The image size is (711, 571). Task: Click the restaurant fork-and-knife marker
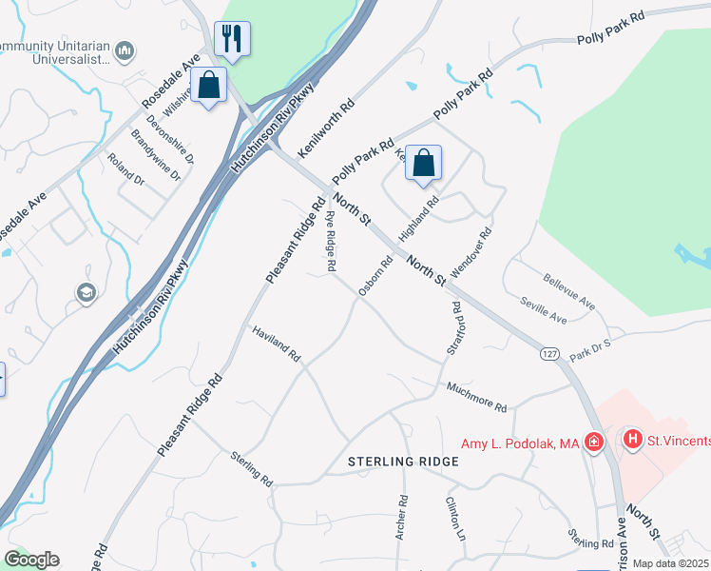point(232,39)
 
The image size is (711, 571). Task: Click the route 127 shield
point(549,353)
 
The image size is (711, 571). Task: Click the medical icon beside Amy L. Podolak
point(594,442)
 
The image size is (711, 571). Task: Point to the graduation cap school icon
point(86,292)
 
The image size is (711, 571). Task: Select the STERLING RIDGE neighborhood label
point(403,462)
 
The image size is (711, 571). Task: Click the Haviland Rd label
point(277,344)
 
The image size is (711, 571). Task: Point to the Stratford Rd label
point(453,329)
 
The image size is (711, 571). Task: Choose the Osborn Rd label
point(375,277)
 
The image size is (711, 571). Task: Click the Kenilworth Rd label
point(326,127)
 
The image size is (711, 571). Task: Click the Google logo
point(31,560)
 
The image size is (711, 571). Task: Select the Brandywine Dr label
point(156,154)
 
